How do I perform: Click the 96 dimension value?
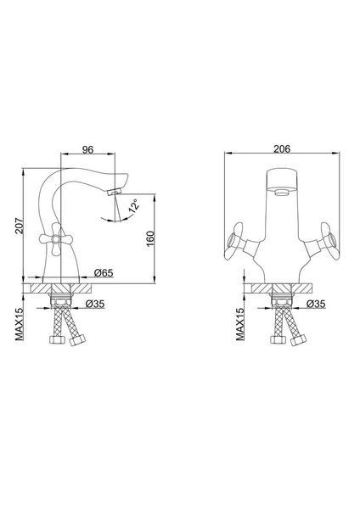pos(87,149)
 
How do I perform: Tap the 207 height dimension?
pos(20,226)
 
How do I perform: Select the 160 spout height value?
pos(150,238)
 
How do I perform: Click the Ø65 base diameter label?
pos(104,273)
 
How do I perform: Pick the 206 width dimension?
pos(282,149)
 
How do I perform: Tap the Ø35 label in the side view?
pos(95,304)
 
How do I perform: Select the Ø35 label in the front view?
pos(316,304)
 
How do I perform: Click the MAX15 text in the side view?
pos(20,324)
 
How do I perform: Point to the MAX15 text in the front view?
pos(240,324)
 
